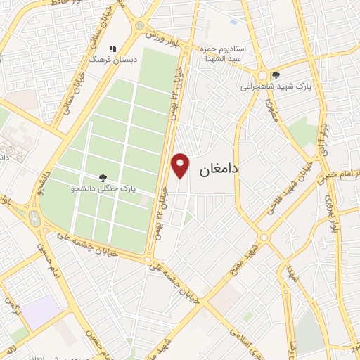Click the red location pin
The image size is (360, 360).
[x=181, y=165]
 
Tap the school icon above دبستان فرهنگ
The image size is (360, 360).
[x=112, y=49]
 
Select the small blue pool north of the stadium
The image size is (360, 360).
[x=233, y=22]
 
